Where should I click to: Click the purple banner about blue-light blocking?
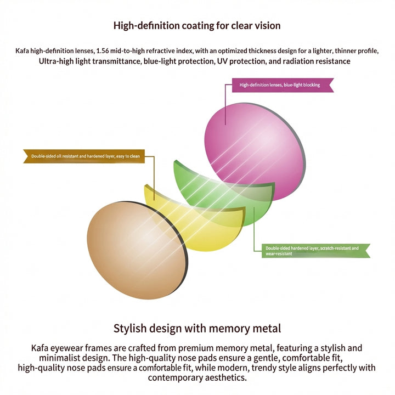[283, 85]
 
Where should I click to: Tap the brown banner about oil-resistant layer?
[84, 156]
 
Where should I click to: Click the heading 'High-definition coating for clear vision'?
[197, 26]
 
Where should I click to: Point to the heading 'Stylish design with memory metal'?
[198, 329]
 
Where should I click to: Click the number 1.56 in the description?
[103, 51]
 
